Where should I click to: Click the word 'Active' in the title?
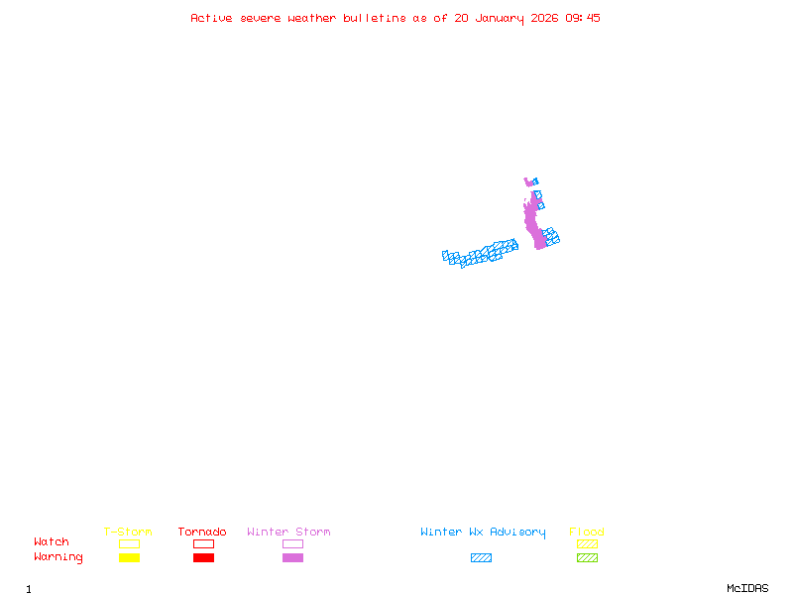coord(211,18)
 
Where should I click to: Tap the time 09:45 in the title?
coord(583,18)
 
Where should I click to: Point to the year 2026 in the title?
coord(544,18)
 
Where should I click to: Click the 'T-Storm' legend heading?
coord(128,532)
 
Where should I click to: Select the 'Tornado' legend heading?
coord(202,532)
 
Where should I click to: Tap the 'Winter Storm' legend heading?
coord(288,532)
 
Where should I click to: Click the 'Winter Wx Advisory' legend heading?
coord(483,532)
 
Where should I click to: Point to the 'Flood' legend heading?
coord(587,532)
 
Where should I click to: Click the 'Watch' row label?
coord(52,542)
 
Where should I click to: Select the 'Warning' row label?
coord(58,557)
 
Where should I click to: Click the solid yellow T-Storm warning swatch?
coord(129,557)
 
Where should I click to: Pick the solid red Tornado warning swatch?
coord(203,557)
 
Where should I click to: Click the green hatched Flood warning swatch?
coord(587,557)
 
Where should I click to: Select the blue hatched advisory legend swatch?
coord(481,557)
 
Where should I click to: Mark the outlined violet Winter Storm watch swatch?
coord(292,543)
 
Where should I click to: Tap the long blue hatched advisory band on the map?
coord(482,255)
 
